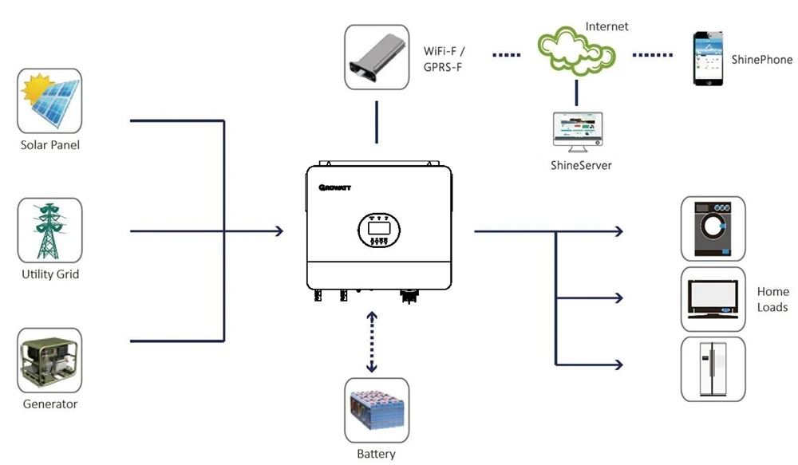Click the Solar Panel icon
point(50,100)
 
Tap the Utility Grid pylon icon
point(50,231)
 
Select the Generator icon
point(50,360)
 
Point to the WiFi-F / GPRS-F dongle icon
point(377,56)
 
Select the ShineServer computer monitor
point(577,132)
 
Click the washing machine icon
point(713,228)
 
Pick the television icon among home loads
point(713,299)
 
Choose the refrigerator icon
point(713,368)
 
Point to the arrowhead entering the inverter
point(279,231)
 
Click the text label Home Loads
point(772,300)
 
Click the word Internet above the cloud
point(606,26)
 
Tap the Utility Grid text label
point(50,274)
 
